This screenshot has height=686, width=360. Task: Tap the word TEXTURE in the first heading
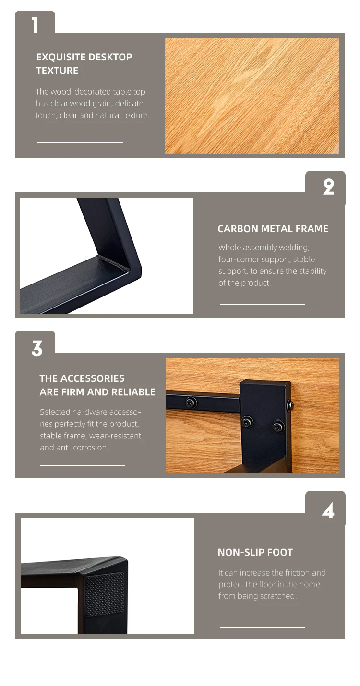(57, 71)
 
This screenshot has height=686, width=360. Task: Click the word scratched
(282, 596)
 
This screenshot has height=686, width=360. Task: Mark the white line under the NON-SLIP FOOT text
(262, 627)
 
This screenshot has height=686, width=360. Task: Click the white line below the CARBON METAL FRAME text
(262, 304)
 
